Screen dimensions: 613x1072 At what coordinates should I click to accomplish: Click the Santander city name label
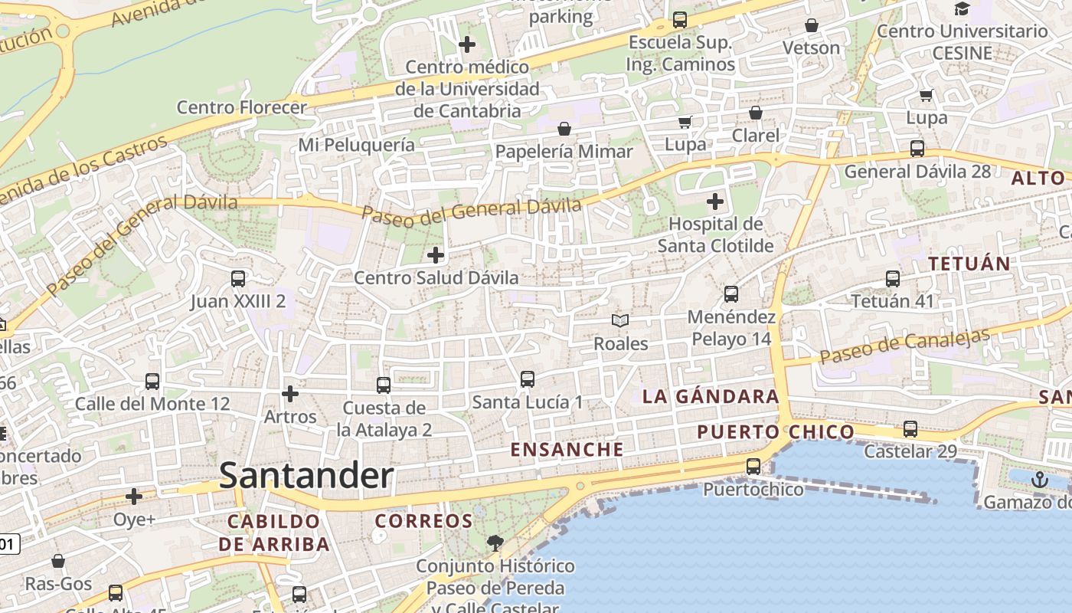point(306,476)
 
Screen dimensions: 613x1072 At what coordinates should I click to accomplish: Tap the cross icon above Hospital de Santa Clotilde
point(715,202)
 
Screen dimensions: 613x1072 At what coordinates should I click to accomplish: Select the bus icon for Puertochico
point(753,467)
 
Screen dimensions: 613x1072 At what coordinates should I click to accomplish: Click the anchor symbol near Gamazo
point(1039,480)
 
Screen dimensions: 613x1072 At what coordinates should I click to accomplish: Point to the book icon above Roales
point(620,321)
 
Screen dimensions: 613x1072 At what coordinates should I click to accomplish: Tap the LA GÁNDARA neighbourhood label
point(711,397)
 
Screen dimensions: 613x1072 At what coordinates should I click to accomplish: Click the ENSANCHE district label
point(567,450)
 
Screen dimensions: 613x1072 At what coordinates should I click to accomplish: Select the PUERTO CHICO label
point(775,432)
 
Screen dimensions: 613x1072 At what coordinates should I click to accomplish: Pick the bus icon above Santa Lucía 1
point(527,379)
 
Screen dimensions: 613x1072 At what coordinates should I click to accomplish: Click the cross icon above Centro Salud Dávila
point(436,255)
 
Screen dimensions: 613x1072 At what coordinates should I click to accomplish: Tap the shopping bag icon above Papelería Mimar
point(564,129)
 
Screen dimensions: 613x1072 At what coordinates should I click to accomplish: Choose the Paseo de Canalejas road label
point(904,346)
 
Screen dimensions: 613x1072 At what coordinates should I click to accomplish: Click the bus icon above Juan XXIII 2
point(238,279)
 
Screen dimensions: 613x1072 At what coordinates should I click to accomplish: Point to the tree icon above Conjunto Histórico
point(495,543)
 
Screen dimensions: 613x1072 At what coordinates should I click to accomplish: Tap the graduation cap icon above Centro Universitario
point(962,9)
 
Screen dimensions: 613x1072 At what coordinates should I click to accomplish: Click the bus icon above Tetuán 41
point(893,279)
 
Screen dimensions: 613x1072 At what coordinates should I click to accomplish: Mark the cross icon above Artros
point(290,394)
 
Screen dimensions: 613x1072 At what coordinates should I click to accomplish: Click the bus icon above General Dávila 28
point(917,149)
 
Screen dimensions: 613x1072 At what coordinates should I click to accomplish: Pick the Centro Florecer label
point(241,107)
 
